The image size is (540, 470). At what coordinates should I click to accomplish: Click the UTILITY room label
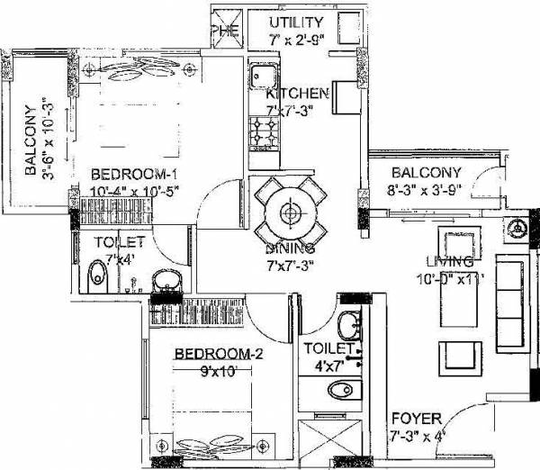[299, 22]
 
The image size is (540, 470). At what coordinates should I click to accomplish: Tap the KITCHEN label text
[294, 94]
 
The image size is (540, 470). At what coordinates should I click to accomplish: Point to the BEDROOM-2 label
[219, 354]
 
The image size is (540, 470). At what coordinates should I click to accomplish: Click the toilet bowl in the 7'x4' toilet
[97, 277]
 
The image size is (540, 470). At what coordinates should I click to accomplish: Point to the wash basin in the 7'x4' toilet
[166, 283]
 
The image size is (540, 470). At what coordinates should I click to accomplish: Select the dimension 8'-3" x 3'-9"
[426, 190]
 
